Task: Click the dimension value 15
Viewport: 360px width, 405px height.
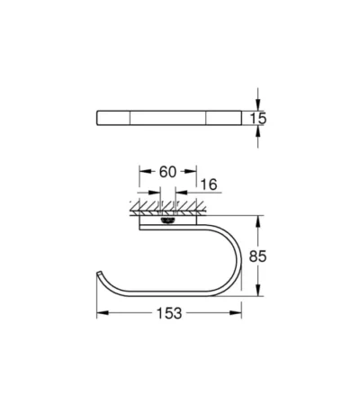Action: point(258,118)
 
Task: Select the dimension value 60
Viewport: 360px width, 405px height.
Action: point(167,172)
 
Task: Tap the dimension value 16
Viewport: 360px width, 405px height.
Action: point(209,184)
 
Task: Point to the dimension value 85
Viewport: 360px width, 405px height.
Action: point(257,256)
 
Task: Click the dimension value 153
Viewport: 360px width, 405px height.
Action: point(169,313)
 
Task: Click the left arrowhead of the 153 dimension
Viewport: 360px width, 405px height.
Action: point(103,313)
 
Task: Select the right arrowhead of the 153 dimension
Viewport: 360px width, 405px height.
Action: point(236,313)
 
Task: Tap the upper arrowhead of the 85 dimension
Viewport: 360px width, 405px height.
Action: point(257,221)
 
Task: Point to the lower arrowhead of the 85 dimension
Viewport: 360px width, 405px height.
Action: point(257,290)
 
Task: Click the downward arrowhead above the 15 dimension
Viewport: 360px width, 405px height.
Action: point(257,104)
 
